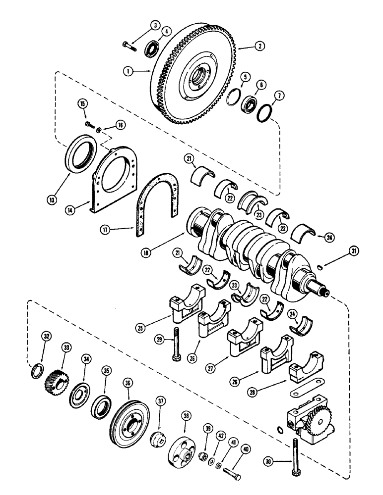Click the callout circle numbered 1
pos(128,71)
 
